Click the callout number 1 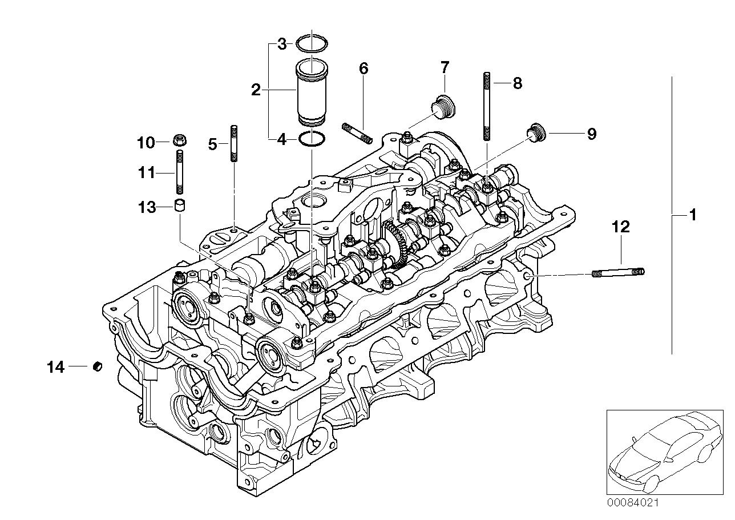coord(693,216)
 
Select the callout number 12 coord(621,227)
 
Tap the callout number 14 coord(56,368)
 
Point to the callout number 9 coord(591,134)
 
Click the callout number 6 coord(364,68)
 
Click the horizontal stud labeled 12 coord(619,273)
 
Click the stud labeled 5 coord(233,144)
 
